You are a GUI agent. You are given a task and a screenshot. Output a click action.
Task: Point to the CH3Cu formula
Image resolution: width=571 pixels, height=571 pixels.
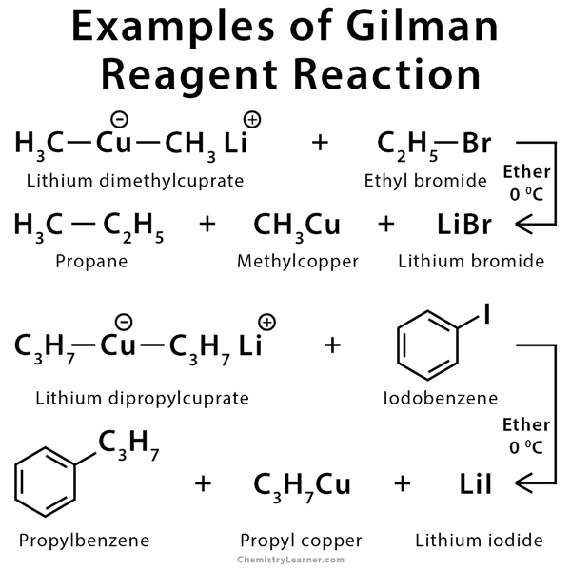tap(297, 226)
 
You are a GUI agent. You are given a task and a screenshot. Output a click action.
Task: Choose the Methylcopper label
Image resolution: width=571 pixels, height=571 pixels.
tap(297, 260)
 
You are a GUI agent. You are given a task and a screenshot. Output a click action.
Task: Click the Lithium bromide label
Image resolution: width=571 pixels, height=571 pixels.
tap(471, 260)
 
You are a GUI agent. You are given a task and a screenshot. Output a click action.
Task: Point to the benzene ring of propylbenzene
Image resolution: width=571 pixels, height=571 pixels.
tap(48, 483)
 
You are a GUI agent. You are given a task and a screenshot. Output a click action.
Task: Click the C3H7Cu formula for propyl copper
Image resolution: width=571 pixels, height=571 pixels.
tap(304, 483)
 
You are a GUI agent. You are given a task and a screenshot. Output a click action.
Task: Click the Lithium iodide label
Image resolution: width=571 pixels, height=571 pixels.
tap(478, 541)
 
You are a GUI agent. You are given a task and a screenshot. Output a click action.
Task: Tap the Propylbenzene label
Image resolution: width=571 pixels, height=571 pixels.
tap(81, 541)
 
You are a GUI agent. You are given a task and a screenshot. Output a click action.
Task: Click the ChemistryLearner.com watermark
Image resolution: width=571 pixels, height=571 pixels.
tap(285, 561)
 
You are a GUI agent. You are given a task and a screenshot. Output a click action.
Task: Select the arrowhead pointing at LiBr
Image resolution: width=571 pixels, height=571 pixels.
tap(522, 226)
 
